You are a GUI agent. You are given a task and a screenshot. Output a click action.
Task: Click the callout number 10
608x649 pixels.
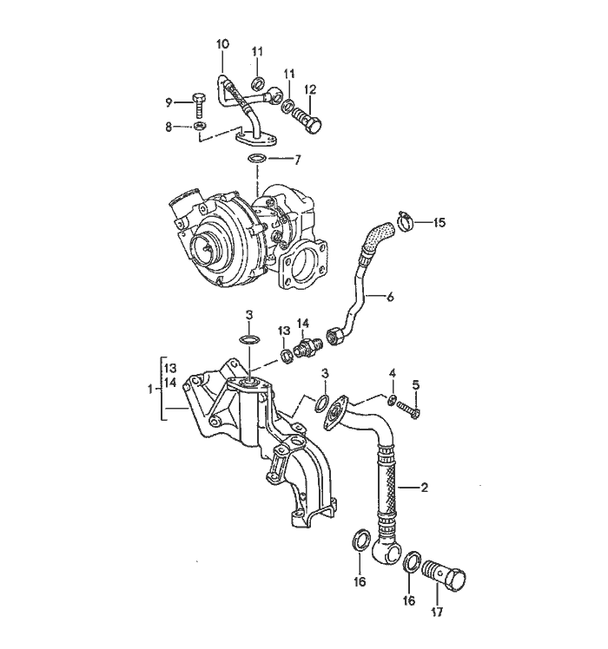pyautogui.click(x=222, y=43)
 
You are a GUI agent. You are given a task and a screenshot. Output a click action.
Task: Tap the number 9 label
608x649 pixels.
pyautogui.click(x=170, y=102)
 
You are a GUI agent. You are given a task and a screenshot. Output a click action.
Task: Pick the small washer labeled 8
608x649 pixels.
pyautogui.click(x=199, y=128)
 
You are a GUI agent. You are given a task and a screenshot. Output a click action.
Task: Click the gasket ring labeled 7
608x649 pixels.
pyautogui.click(x=257, y=160)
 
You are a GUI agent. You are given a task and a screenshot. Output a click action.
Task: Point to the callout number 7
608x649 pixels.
pyautogui.click(x=297, y=160)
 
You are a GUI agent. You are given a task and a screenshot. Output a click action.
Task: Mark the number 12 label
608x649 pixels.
pyautogui.click(x=310, y=88)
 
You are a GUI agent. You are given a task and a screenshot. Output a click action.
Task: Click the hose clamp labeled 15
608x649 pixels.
pyautogui.click(x=403, y=223)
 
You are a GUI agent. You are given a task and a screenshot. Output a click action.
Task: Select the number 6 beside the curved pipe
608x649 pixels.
pyautogui.click(x=390, y=297)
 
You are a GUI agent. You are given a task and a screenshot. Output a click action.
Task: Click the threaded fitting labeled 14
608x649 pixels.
pyautogui.click(x=305, y=349)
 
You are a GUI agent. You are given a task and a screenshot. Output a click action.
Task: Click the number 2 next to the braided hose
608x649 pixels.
pyautogui.click(x=424, y=488)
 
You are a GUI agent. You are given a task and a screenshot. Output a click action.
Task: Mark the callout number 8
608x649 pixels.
pyautogui.click(x=170, y=127)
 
